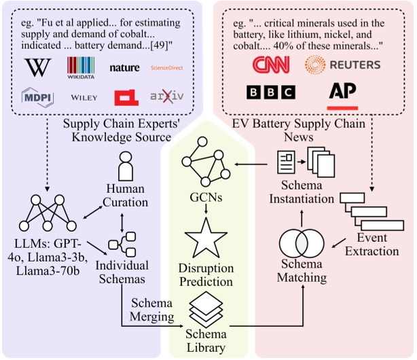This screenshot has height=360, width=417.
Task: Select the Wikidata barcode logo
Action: (81, 67)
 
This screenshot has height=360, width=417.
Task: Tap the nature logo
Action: (124, 68)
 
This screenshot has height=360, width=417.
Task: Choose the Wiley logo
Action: (84, 98)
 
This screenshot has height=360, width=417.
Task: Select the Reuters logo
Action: (342, 65)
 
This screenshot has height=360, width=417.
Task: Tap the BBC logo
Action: (270, 93)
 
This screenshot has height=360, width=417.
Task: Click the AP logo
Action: (343, 94)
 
